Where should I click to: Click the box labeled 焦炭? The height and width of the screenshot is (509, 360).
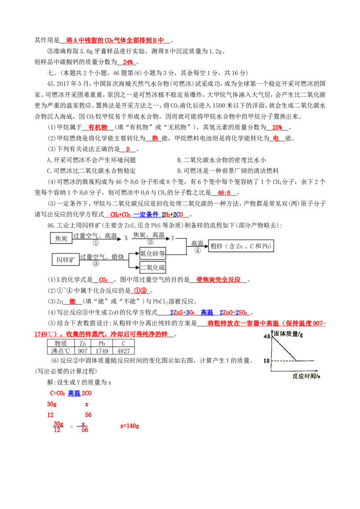click(61, 238)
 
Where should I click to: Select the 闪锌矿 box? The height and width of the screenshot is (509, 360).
click(65, 260)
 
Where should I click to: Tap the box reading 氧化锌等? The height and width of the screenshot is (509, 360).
click(153, 254)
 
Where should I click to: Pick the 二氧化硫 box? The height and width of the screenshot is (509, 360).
click(153, 268)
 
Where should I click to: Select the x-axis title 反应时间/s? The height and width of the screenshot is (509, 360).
click(306, 376)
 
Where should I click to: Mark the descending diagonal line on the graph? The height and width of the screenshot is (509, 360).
click(283, 348)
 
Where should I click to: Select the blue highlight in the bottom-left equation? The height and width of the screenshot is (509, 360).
click(74, 393)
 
